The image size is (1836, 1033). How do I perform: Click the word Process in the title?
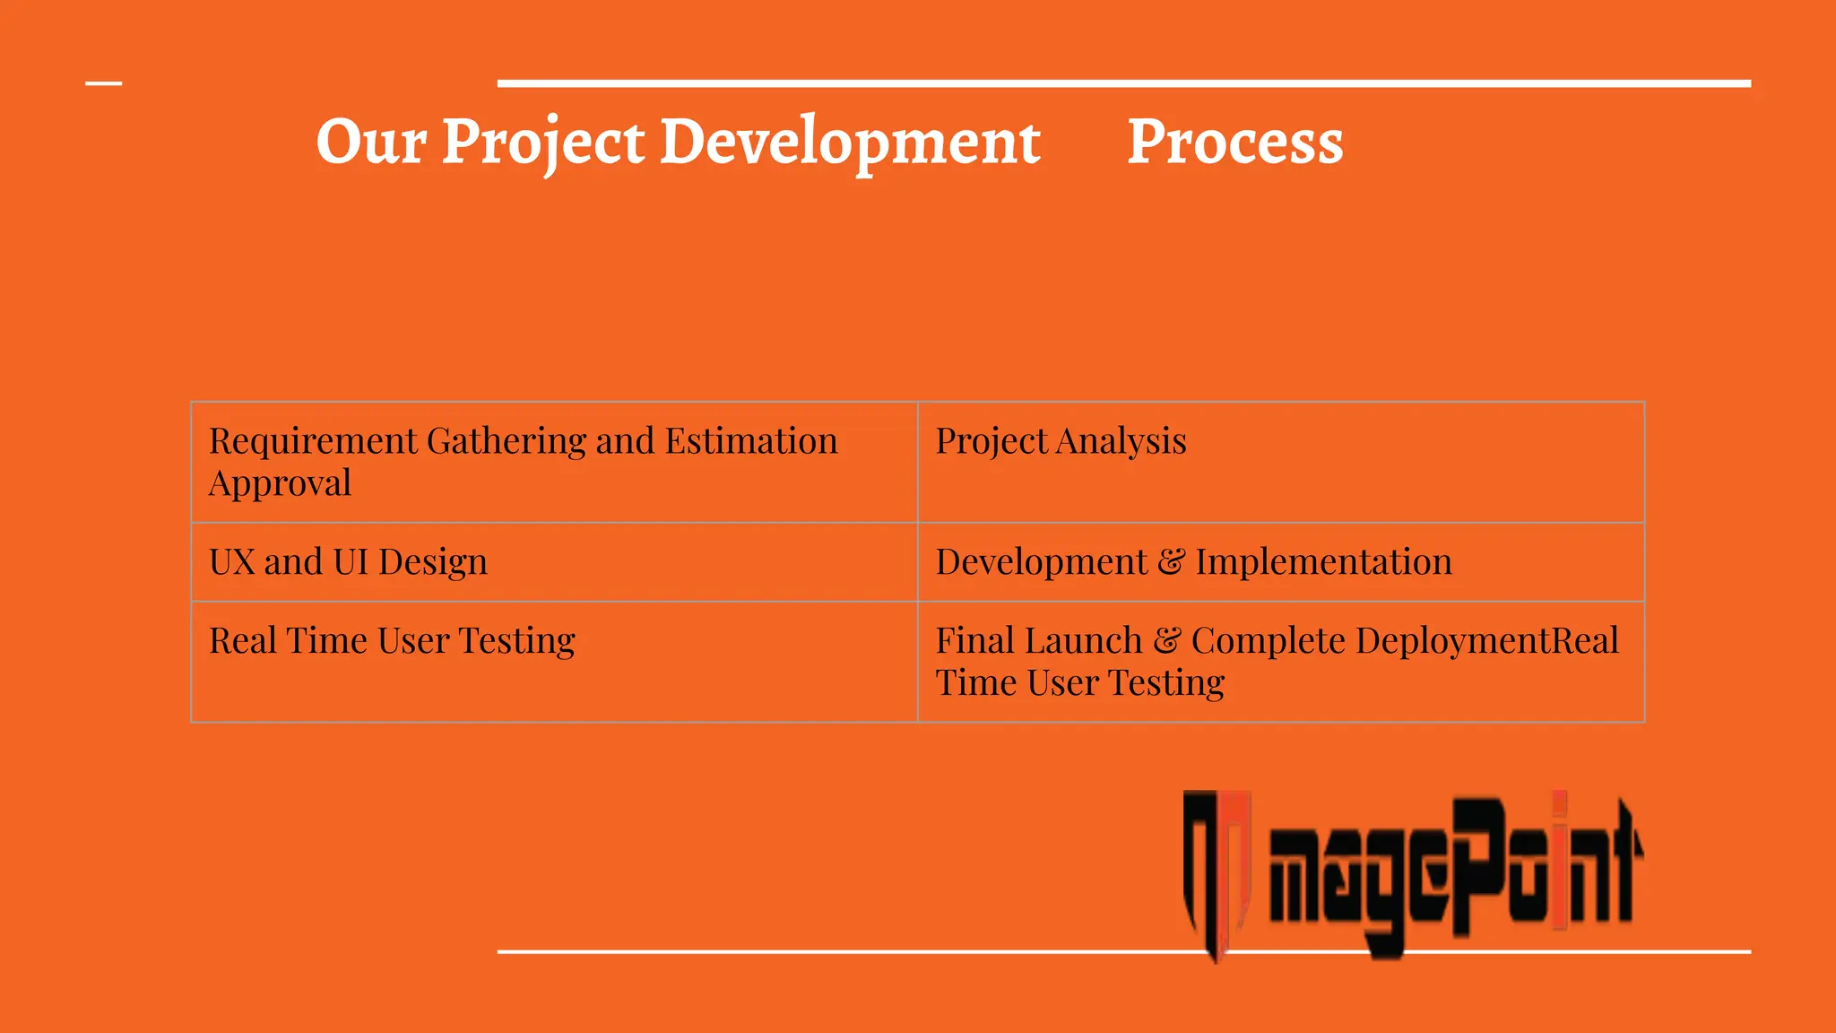pyautogui.click(x=1234, y=142)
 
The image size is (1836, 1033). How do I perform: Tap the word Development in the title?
pyautogui.click(x=850, y=142)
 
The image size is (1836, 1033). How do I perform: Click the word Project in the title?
pyautogui.click(x=543, y=142)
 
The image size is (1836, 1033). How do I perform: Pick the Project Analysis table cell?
pyautogui.click(x=1280, y=462)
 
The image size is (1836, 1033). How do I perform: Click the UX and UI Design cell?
pyautogui.click(x=554, y=562)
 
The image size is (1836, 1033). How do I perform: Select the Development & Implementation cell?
pyautogui.click(x=1280, y=562)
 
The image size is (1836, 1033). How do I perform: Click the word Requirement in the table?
pyautogui.click(x=313, y=441)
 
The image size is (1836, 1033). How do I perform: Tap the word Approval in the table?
pyautogui.click(x=280, y=483)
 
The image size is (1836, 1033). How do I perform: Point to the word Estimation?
pyautogui.click(x=751, y=441)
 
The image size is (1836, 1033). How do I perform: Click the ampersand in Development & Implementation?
pyautogui.click(x=1171, y=562)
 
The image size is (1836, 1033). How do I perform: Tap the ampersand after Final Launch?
pyautogui.click(x=1166, y=641)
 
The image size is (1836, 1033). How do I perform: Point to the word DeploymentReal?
pyautogui.click(x=1486, y=641)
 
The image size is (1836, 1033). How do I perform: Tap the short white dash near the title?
pyautogui.click(x=103, y=83)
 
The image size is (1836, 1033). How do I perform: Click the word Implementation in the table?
pyautogui.click(x=1323, y=562)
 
